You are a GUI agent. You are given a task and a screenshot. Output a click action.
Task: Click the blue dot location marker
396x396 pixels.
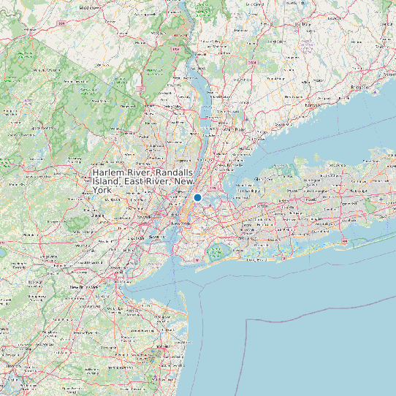point(197,197)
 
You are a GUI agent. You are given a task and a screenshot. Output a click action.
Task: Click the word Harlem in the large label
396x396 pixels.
point(109,172)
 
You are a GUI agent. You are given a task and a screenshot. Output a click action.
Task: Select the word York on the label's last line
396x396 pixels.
point(102,190)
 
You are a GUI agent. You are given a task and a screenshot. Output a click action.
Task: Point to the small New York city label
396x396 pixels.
point(180,223)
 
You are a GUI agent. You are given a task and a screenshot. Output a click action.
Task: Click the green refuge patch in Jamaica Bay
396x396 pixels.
point(216,254)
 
